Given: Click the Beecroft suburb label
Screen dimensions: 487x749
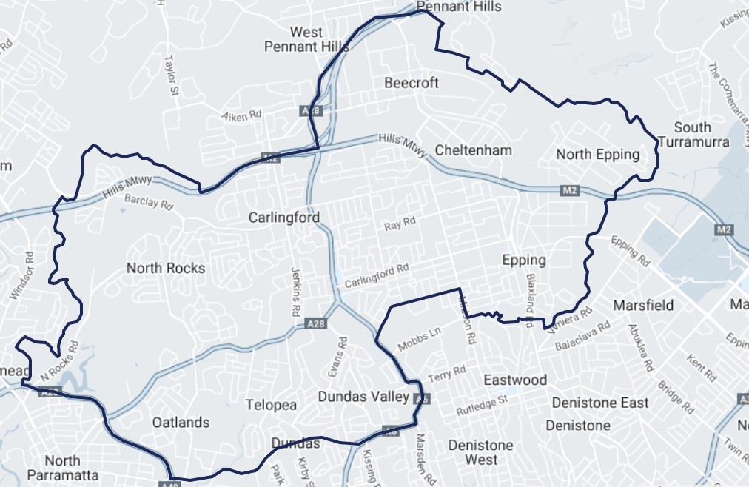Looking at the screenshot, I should (412, 83).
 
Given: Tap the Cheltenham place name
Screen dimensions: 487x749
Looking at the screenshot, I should (474, 150).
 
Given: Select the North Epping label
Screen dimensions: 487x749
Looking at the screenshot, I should (597, 154).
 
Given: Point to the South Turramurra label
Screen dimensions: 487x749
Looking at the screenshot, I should (693, 134).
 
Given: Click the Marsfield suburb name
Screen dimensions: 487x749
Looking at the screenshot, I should (643, 305).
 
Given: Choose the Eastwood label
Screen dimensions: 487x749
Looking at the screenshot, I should (515, 380).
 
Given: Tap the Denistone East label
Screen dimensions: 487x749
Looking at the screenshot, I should (600, 403).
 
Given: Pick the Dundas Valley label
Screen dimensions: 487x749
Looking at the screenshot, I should (363, 397).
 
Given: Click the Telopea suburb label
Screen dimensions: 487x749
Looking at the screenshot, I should (272, 405).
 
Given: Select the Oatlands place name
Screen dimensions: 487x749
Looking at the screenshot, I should (181, 423).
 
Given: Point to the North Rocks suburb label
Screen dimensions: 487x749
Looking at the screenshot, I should (166, 268).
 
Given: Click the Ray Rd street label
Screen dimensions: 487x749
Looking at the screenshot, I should (400, 223).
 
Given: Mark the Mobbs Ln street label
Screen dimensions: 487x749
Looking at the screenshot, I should (419, 339).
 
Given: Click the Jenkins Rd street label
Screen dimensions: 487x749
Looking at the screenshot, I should (296, 288).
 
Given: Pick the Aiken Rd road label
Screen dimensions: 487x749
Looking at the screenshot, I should (242, 115).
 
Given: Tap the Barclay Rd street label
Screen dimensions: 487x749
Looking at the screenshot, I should (148, 201).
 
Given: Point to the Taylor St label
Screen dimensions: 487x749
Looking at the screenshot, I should (172, 75).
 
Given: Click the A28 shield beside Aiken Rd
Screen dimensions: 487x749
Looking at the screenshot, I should (312, 110).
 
